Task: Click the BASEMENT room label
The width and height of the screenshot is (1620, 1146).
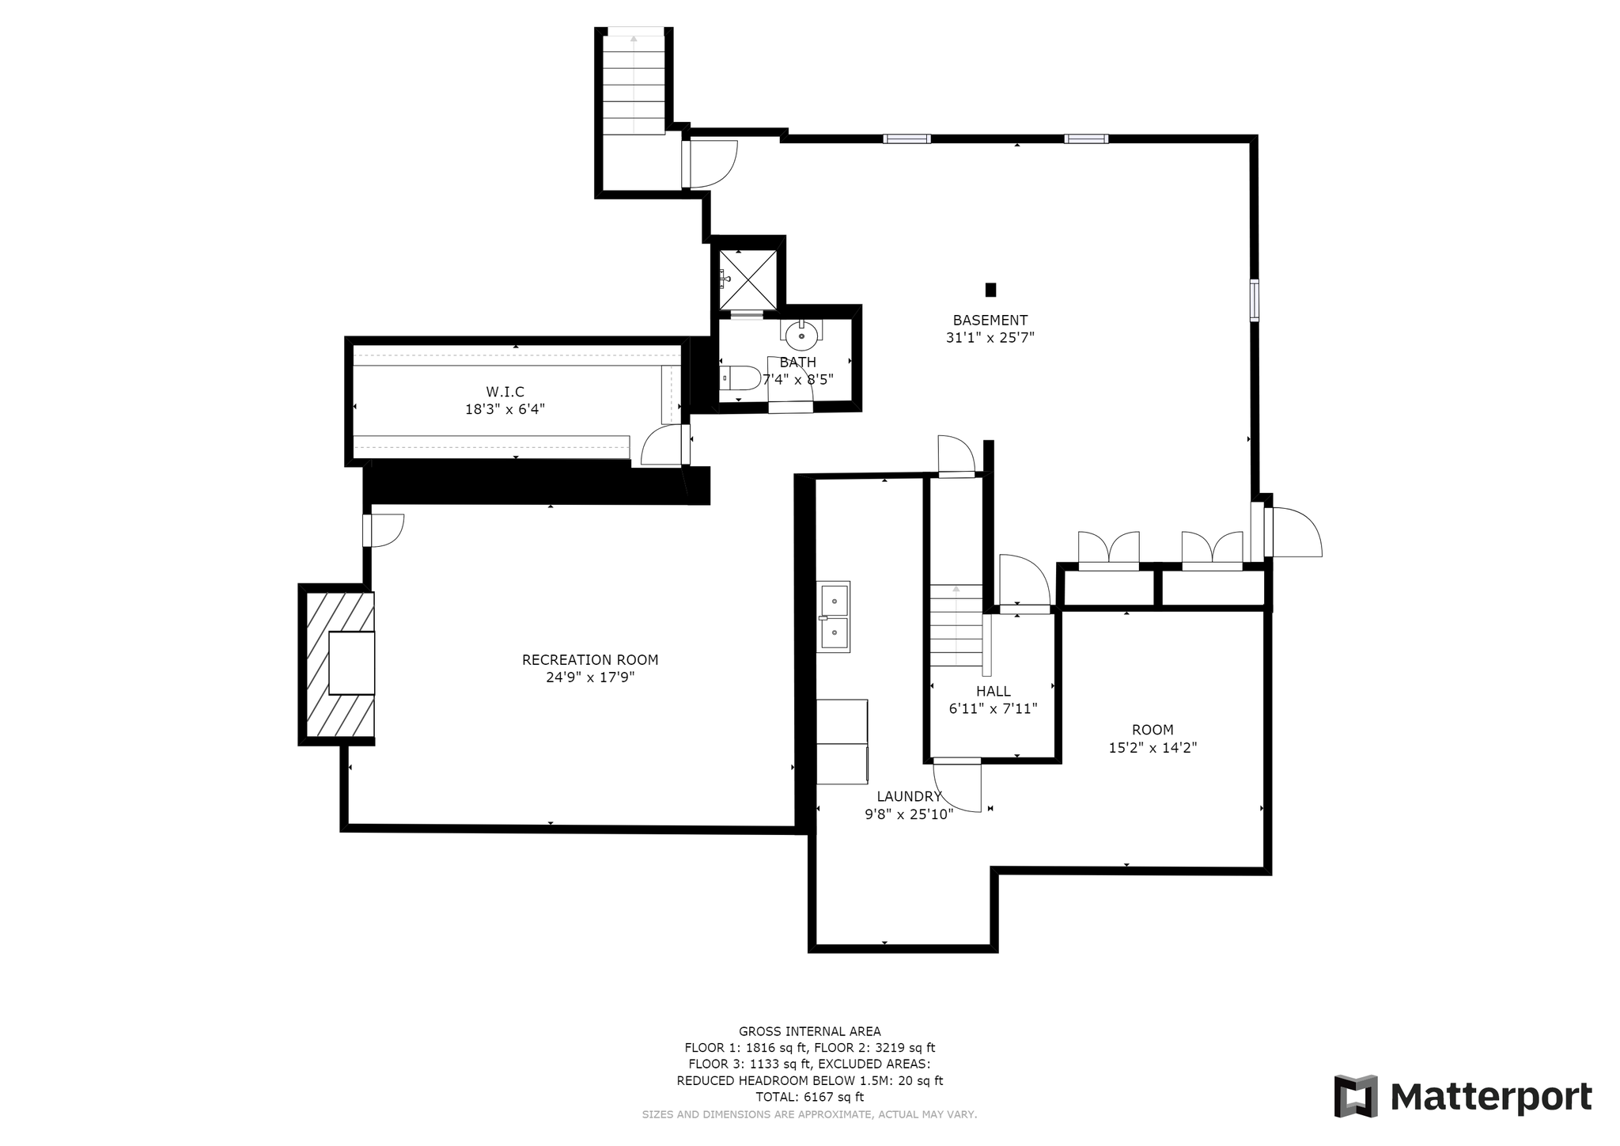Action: click(990, 321)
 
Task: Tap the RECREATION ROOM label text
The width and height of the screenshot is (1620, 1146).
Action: click(590, 660)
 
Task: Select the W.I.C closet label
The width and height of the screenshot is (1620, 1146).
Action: click(505, 392)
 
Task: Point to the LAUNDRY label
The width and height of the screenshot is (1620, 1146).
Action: click(909, 797)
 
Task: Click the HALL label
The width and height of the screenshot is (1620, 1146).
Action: click(993, 692)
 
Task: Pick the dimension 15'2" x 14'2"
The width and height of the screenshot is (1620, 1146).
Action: click(1153, 748)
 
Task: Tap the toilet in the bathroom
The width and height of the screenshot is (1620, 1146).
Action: click(739, 378)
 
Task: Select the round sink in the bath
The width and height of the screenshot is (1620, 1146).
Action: click(801, 335)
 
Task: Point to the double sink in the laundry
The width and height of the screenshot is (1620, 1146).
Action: click(834, 617)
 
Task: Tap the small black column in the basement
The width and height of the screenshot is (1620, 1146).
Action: click(990, 290)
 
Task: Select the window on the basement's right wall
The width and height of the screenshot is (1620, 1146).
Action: click(1255, 300)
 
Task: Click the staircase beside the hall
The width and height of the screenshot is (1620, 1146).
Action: click(956, 625)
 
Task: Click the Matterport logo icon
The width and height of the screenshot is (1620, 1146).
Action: click(1356, 1096)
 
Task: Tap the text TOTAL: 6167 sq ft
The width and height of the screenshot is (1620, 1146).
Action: click(810, 1097)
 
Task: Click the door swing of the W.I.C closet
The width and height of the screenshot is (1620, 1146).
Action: click(661, 445)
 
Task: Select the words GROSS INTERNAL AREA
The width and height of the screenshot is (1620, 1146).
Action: click(810, 1031)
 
